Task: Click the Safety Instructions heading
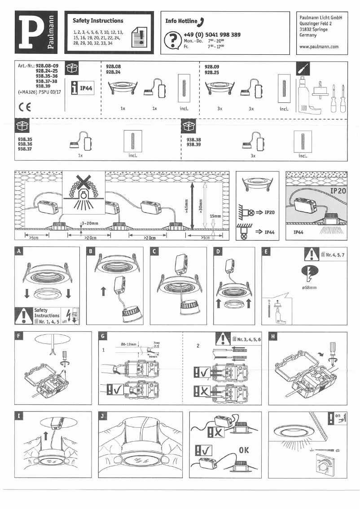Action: (98, 21)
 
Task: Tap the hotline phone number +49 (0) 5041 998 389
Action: (212, 35)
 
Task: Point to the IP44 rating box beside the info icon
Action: (86, 88)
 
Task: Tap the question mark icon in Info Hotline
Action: (171, 40)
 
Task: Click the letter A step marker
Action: (19, 252)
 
